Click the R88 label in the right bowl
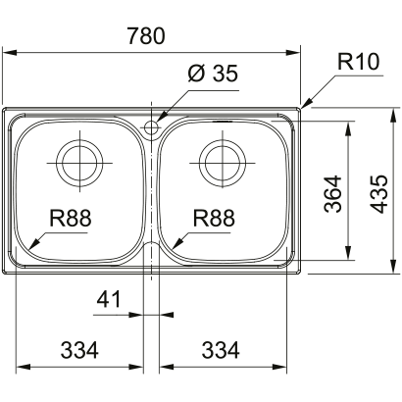(x=215, y=220)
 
